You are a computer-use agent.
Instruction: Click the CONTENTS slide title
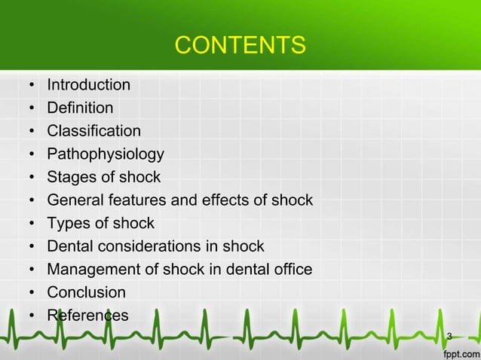(x=240, y=46)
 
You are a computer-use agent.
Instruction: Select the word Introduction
(x=88, y=84)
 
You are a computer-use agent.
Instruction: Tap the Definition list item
(x=80, y=108)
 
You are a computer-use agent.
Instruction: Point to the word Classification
(x=93, y=131)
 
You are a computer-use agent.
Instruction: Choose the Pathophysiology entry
(x=105, y=154)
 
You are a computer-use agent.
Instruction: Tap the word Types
(x=66, y=223)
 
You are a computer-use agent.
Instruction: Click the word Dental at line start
(x=69, y=246)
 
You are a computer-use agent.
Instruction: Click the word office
(x=291, y=269)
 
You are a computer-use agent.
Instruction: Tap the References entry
(x=87, y=315)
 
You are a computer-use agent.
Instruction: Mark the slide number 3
(x=449, y=335)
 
